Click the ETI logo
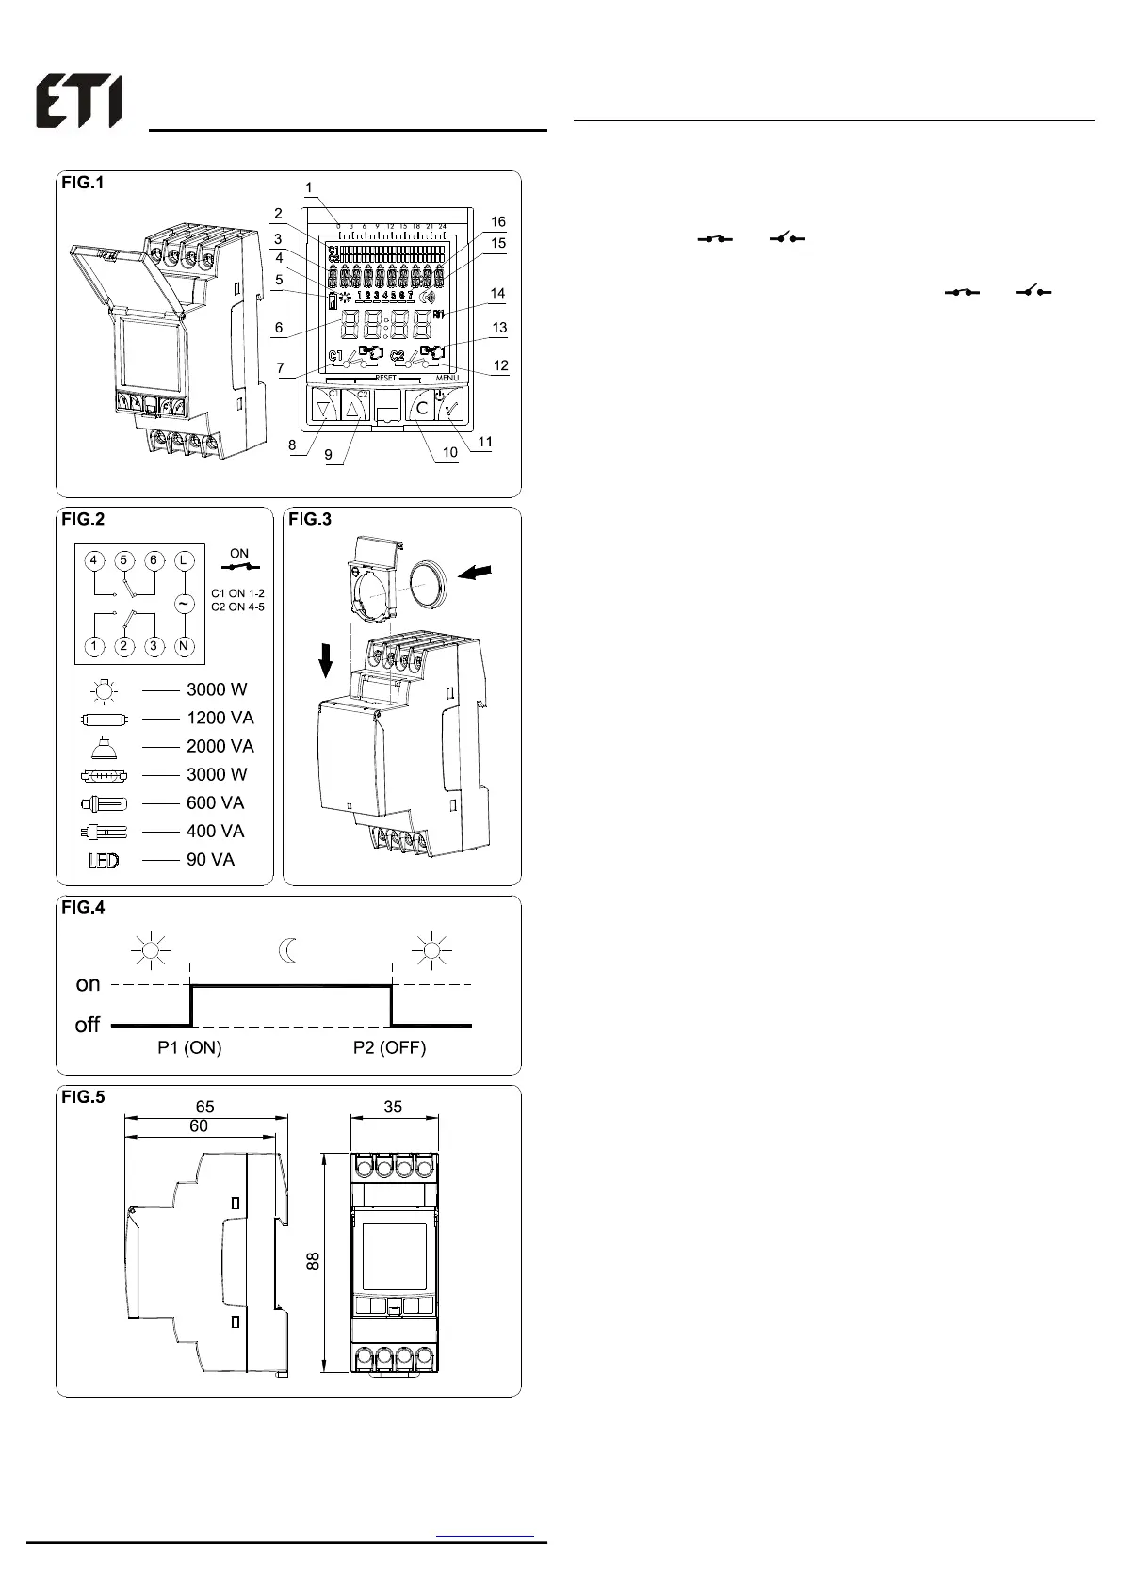point(79,103)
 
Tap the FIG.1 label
point(83,183)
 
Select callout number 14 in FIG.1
point(497,294)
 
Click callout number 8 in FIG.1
point(292,445)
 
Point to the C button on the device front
point(421,408)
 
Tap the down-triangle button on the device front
point(324,409)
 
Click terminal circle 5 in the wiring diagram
point(123,560)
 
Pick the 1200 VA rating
point(220,718)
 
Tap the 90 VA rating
point(210,859)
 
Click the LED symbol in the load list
point(103,860)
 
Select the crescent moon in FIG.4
point(288,950)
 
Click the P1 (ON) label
point(189,1047)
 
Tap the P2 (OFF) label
point(389,1047)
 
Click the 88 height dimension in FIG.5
point(314,1260)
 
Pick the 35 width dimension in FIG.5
point(393,1107)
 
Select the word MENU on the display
point(447,378)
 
